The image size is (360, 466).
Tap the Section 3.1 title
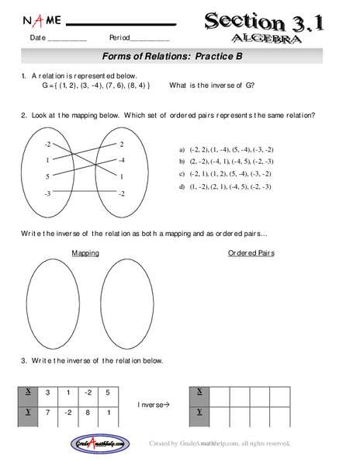[265, 21]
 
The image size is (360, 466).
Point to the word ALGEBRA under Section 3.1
[265, 38]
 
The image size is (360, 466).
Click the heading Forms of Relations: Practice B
[179, 57]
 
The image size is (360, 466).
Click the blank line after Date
[67, 40]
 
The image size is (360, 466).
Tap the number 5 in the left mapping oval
[47, 177]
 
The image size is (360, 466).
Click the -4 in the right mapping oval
[121, 160]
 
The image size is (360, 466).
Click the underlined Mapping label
[85, 252]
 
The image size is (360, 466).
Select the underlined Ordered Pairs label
[251, 252]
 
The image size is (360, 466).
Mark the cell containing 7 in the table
[49, 412]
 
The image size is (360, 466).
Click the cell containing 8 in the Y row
[90, 412]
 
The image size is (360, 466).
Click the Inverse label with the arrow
[154, 403]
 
